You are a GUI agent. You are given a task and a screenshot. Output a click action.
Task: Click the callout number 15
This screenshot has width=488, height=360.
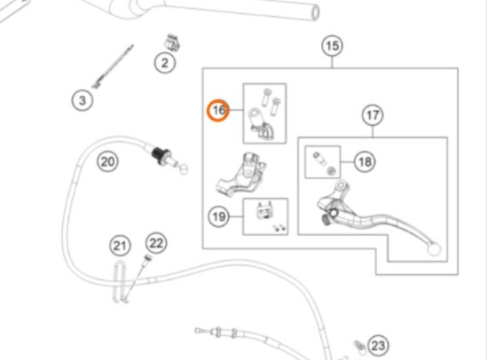tap(332, 46)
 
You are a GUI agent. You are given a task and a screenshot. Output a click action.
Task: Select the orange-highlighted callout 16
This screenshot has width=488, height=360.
tap(218, 110)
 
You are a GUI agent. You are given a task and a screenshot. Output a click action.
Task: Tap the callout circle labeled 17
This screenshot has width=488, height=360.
tap(373, 115)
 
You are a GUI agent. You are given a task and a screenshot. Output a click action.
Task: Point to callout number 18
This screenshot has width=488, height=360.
tap(365, 161)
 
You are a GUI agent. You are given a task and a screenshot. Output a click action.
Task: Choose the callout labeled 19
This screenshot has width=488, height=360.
tap(219, 216)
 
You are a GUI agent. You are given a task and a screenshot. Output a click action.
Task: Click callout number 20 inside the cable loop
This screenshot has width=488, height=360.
tap(107, 161)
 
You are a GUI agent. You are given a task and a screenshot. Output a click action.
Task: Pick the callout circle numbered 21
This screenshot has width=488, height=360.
tap(120, 246)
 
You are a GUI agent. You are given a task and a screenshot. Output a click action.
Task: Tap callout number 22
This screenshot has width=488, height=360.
tap(156, 243)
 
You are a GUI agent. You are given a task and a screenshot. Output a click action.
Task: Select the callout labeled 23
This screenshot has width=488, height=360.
tap(378, 346)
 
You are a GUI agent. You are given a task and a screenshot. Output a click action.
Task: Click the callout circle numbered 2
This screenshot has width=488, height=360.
tap(165, 63)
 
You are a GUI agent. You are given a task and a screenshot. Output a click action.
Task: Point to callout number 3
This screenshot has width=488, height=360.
tap(83, 100)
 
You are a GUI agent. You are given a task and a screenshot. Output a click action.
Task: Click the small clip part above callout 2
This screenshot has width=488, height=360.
tap(172, 43)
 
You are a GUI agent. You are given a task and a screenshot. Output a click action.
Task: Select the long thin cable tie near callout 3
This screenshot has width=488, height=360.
tap(113, 67)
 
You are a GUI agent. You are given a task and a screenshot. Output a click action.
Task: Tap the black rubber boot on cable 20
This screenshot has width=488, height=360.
tap(161, 155)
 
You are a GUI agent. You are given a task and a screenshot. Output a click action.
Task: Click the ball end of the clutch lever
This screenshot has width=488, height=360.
tap(434, 249)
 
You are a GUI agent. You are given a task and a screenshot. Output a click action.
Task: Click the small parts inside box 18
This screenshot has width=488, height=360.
tap(324, 162)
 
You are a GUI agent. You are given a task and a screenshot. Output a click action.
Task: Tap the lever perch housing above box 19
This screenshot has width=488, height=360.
tap(241, 175)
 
